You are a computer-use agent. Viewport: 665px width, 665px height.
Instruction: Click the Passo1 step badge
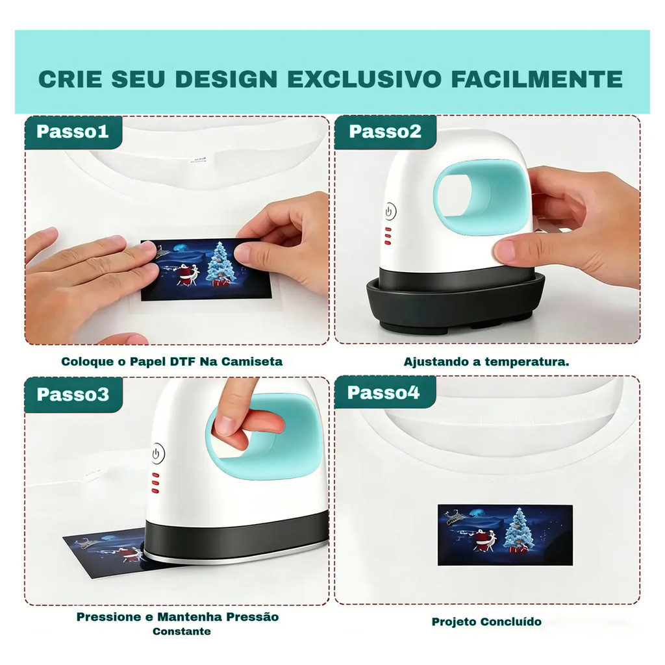pos(73,132)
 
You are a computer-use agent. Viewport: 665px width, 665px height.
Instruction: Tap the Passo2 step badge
pos(385,132)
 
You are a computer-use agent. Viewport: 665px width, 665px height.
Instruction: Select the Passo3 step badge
pos(73,395)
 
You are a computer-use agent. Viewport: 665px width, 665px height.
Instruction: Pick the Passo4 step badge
pos(384,393)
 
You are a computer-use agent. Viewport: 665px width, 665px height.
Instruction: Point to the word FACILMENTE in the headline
pos(536,79)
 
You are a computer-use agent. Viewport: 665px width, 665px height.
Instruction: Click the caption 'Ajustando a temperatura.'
pos(486,362)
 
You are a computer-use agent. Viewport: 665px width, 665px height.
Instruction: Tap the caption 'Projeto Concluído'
pos(486,621)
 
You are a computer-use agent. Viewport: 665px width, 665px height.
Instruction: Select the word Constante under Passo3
pos(182,631)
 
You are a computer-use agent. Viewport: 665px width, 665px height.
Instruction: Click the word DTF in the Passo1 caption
pos(182,361)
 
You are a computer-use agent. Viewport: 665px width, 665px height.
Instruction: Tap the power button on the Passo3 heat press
pos(158,453)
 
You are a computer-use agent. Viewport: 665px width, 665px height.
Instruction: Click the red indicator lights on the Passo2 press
pos(388,236)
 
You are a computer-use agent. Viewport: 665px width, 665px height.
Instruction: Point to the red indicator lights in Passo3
pos(155,483)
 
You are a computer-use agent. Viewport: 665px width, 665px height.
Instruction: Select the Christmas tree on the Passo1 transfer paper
pos(220,264)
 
